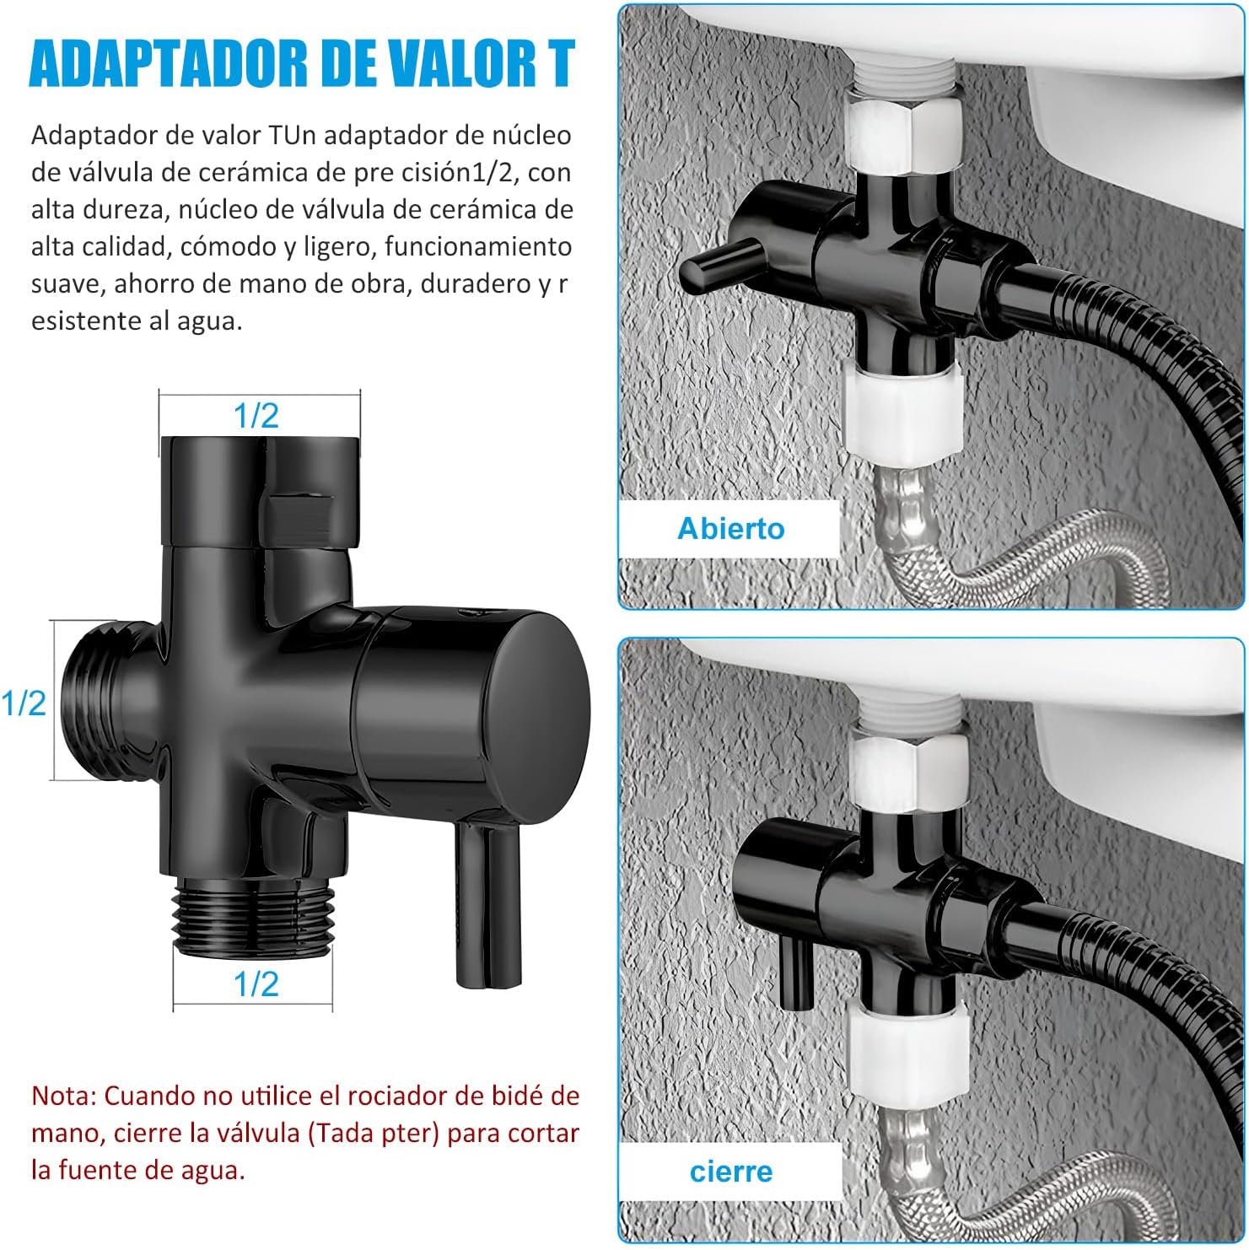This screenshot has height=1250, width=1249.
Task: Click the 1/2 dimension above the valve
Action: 256,415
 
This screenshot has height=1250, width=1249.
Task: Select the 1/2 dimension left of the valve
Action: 24,702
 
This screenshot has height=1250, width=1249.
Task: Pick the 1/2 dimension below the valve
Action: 256,983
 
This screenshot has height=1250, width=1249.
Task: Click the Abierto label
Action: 731,528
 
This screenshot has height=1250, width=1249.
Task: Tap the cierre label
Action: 731,1171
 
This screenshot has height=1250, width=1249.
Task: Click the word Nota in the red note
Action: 63,1096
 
